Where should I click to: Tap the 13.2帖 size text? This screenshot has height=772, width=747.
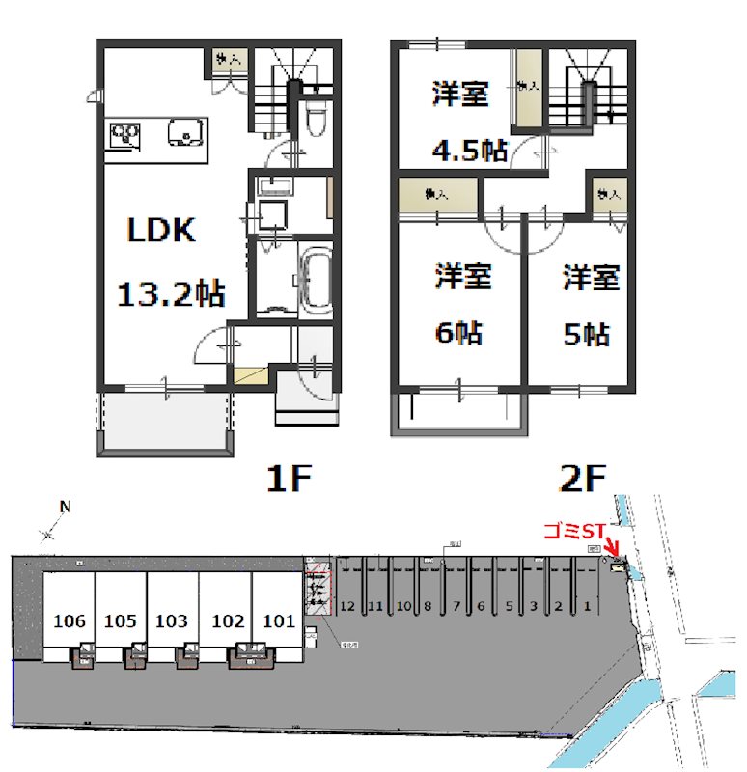(170, 292)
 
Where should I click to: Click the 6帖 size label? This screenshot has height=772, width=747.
(458, 333)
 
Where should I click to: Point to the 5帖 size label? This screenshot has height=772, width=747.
(587, 334)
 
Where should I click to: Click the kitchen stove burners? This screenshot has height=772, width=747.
(124, 134)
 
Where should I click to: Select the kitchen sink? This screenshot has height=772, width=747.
(183, 130)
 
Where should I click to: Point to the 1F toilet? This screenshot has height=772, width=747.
(314, 121)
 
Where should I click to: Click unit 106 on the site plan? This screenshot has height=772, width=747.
(69, 620)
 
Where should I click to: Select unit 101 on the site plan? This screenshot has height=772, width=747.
(278, 620)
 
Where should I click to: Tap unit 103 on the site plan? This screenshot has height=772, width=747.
(171, 620)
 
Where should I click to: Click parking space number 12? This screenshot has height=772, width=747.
(348, 607)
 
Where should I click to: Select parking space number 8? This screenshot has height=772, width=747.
(428, 607)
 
